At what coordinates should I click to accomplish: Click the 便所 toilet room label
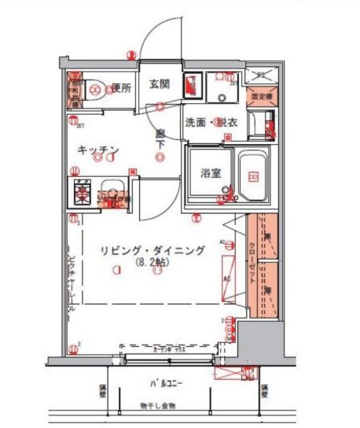tap(120, 87)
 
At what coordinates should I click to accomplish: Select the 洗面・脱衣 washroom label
tap(209, 123)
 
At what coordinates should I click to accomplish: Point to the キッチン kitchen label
tap(97, 149)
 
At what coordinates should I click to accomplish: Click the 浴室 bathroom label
tap(209, 172)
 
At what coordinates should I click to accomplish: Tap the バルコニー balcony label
tap(166, 384)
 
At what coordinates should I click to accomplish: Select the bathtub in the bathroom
tap(252, 175)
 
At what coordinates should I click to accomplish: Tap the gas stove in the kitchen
tap(82, 190)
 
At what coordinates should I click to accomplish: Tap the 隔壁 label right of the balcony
tap(265, 390)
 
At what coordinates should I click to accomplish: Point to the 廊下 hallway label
tap(160, 138)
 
